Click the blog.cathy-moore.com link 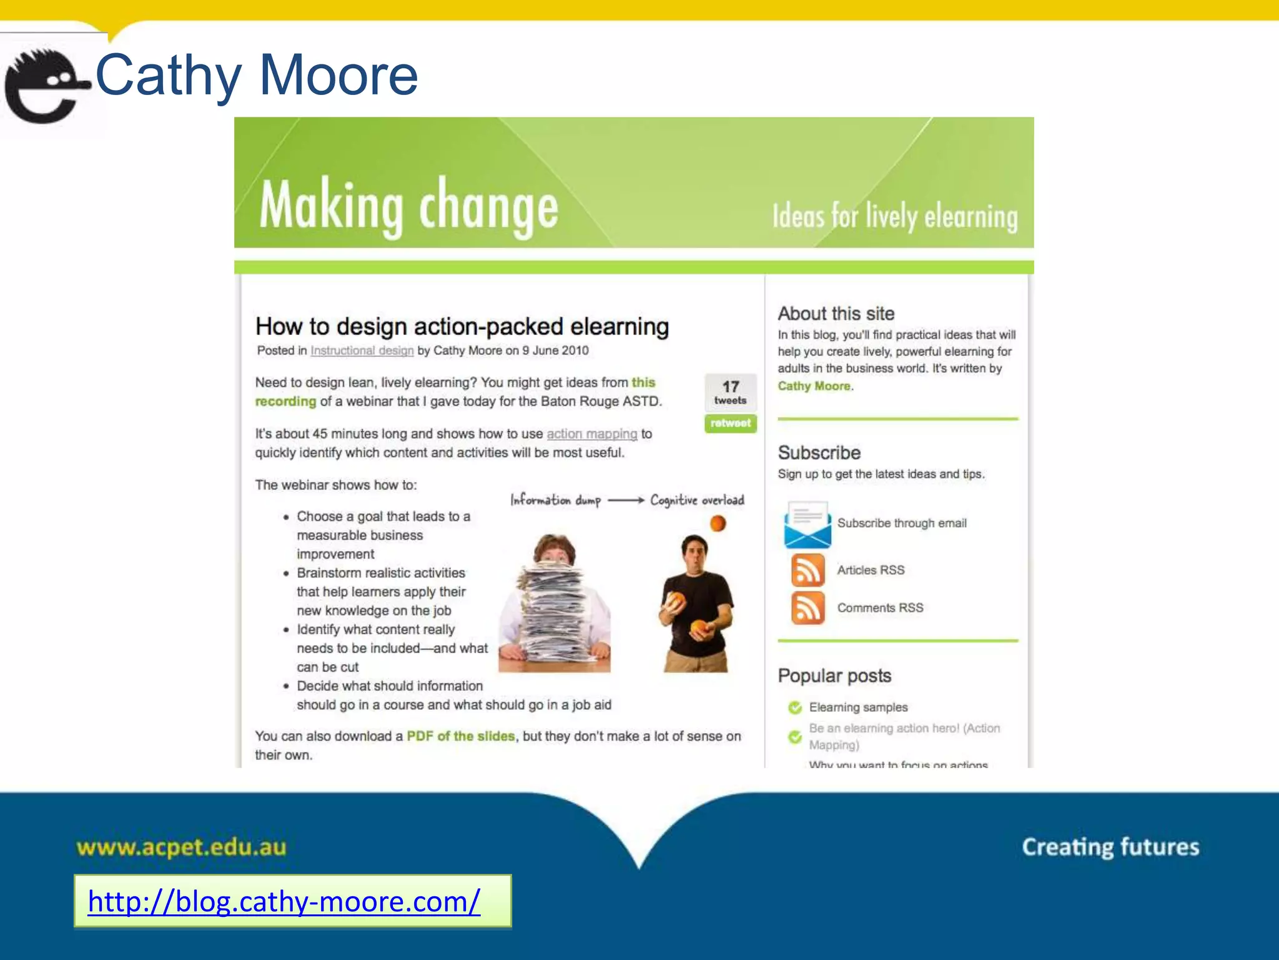pyautogui.click(x=284, y=901)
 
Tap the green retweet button pyautogui.click(x=730, y=423)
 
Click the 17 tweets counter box pyautogui.click(x=730, y=392)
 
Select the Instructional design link pyautogui.click(x=362, y=351)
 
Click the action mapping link pyautogui.click(x=591, y=434)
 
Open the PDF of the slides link pyautogui.click(x=461, y=736)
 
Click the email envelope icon pyautogui.click(x=807, y=524)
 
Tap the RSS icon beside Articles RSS pyautogui.click(x=807, y=570)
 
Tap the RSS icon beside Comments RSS pyautogui.click(x=807, y=607)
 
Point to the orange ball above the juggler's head pyautogui.click(x=718, y=523)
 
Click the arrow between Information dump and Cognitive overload pyautogui.click(x=625, y=500)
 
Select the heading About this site pyautogui.click(x=836, y=313)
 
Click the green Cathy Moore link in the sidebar pyautogui.click(x=814, y=386)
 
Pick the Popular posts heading pyautogui.click(x=834, y=676)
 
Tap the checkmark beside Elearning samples pyautogui.click(x=795, y=707)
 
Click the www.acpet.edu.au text pyautogui.click(x=181, y=847)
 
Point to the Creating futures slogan pyautogui.click(x=1110, y=847)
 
